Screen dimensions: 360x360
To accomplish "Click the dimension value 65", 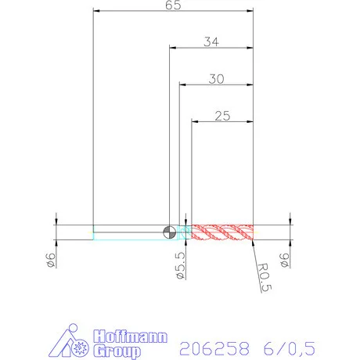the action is click(x=173, y=5).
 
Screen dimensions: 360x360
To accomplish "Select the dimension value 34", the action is click(x=211, y=41).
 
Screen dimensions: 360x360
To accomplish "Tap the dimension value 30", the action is click(x=216, y=79).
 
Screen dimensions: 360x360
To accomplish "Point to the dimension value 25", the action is click(x=222, y=116).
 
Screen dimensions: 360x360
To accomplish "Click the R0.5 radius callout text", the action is click(x=265, y=277).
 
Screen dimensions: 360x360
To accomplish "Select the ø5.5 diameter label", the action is click(x=181, y=265).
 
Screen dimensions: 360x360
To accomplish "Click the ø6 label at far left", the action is click(x=50, y=260).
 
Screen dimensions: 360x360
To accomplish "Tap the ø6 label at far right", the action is click(x=284, y=260).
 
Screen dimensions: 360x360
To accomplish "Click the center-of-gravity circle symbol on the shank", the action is click(x=170, y=232).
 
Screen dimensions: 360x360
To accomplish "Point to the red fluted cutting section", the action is click(x=222, y=232).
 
